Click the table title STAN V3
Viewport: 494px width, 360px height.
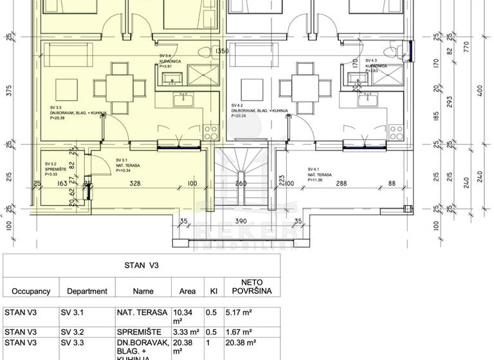tap(141, 264)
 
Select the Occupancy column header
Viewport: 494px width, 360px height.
tap(31, 291)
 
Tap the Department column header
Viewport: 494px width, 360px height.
tap(87, 291)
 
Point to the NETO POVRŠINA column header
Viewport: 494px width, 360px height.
tap(255, 287)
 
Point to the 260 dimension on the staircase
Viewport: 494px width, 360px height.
tap(241, 184)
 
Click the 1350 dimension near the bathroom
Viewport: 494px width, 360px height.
tap(222, 51)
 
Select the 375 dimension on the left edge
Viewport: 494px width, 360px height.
tap(9, 92)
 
